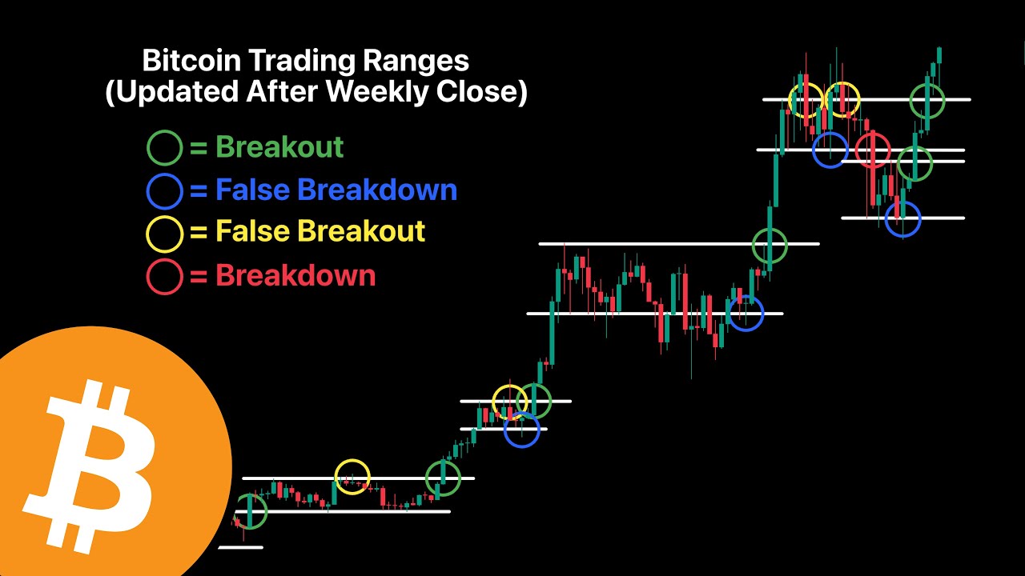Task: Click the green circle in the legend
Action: point(165,148)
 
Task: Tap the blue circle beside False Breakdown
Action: point(165,190)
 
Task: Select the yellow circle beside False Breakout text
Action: point(165,233)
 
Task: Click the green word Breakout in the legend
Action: point(279,147)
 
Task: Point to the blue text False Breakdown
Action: point(336,190)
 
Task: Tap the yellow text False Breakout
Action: point(320,232)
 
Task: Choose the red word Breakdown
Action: point(295,276)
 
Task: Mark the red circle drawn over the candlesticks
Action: point(873,149)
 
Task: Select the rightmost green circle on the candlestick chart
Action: point(927,101)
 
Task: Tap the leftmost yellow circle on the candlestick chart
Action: point(352,477)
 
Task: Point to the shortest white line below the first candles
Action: point(240,547)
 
